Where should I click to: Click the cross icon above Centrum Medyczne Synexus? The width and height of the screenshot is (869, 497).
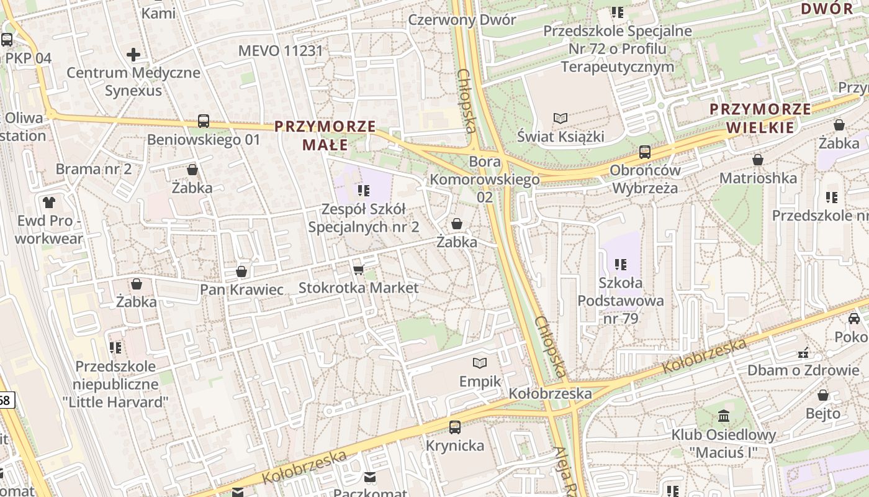pyautogui.click(x=133, y=55)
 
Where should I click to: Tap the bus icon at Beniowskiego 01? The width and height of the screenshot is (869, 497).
pyautogui.click(x=204, y=121)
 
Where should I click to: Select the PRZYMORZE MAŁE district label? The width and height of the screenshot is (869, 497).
pyautogui.click(x=325, y=135)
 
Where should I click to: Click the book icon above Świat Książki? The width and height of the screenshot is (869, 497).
pyautogui.click(x=561, y=118)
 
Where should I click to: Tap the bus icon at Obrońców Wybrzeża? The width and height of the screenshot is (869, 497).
pyautogui.click(x=645, y=152)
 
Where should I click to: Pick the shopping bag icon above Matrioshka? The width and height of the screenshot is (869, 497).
pyautogui.click(x=758, y=160)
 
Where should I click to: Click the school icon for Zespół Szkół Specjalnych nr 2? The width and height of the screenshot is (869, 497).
pyautogui.click(x=364, y=191)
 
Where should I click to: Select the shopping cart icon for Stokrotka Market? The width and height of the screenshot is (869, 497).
pyautogui.click(x=358, y=270)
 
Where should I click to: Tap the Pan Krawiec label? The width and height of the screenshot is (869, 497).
pyautogui.click(x=241, y=290)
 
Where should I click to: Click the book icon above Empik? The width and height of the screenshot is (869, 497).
pyautogui.click(x=480, y=363)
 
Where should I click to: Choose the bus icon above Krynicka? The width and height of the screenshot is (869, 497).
pyautogui.click(x=455, y=427)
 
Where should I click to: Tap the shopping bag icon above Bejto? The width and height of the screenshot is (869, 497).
pyautogui.click(x=823, y=395)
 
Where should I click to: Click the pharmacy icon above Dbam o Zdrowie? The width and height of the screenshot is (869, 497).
pyautogui.click(x=804, y=352)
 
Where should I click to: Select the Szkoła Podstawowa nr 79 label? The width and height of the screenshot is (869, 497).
pyautogui.click(x=621, y=301)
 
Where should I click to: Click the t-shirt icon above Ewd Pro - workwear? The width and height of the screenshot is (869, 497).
pyautogui.click(x=49, y=202)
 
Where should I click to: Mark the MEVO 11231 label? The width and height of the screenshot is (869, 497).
pyautogui.click(x=281, y=50)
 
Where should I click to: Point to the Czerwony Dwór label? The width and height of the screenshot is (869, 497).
pyautogui.click(x=462, y=20)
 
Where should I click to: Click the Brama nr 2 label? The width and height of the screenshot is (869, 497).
pyautogui.click(x=94, y=169)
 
